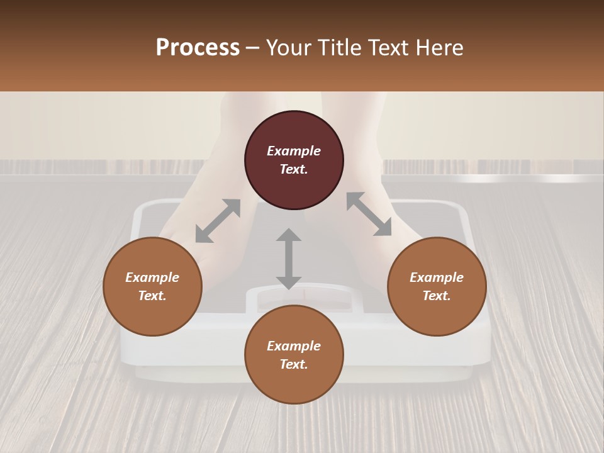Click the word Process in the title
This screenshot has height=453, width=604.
[198, 48]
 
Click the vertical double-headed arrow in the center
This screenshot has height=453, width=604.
[289, 259]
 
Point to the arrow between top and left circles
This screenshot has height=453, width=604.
[218, 221]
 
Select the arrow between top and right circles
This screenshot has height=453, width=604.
[369, 214]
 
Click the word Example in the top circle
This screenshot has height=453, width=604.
[294, 151]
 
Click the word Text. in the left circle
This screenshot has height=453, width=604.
[152, 296]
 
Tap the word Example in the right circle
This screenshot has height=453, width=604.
[437, 277]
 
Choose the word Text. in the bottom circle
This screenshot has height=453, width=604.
[294, 364]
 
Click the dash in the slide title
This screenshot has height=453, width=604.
[252, 48]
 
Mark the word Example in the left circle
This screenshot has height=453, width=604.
[152, 277]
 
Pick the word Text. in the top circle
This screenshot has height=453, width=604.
[294, 169]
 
